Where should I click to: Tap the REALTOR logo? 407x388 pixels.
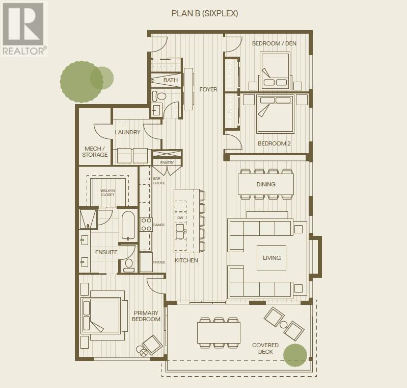click(24, 28)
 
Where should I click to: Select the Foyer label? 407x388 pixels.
click(208, 89)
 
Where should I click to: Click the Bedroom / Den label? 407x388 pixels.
click(274, 43)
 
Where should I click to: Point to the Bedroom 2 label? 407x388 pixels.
click(274, 143)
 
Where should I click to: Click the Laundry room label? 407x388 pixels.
click(127, 132)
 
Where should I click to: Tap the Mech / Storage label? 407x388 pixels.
click(96, 152)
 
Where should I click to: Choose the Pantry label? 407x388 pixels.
click(167, 163)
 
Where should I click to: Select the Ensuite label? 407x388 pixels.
click(106, 252)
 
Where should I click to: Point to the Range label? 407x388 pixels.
click(159, 225)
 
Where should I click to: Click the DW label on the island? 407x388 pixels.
click(179, 217)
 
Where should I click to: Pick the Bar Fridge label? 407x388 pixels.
click(159, 180)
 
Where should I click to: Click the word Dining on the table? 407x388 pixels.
click(266, 184)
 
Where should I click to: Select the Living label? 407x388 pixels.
click(272, 258)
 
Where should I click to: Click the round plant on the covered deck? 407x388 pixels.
click(295, 356)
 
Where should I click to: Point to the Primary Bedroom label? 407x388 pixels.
click(147, 316)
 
